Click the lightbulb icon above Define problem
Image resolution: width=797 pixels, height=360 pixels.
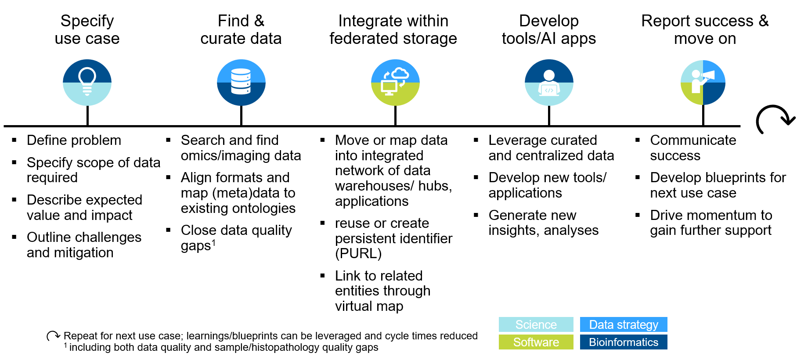pyautogui.click(x=87, y=82)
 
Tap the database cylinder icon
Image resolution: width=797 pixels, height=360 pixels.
pyautogui.click(x=241, y=82)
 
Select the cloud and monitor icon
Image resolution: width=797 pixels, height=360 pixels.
pyautogui.click(x=395, y=82)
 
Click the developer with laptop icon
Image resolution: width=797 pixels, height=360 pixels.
pyautogui.click(x=549, y=82)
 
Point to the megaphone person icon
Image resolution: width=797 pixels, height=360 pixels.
pyautogui.click(x=703, y=82)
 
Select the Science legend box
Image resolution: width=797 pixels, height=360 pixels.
pyautogui.click(x=536, y=324)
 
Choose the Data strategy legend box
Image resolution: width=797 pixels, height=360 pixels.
pyautogui.click(x=624, y=324)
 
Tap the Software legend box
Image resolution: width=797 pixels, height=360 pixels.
pyautogui.click(x=536, y=342)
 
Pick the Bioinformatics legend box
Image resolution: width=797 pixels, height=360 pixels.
pyautogui.click(x=624, y=342)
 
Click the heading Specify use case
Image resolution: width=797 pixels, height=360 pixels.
pyautogui.click(x=87, y=29)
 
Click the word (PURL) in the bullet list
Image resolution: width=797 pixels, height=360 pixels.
pyautogui.click(x=358, y=253)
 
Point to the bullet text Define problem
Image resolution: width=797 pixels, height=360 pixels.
pyautogui.click(x=74, y=140)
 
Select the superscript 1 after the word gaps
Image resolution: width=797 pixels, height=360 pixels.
pyautogui.click(x=214, y=242)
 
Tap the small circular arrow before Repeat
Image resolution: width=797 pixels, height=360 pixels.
pyautogui.click(x=53, y=336)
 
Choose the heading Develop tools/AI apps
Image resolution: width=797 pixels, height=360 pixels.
pyautogui.click(x=549, y=29)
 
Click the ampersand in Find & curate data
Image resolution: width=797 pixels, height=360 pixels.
pyautogui.click(x=259, y=21)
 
